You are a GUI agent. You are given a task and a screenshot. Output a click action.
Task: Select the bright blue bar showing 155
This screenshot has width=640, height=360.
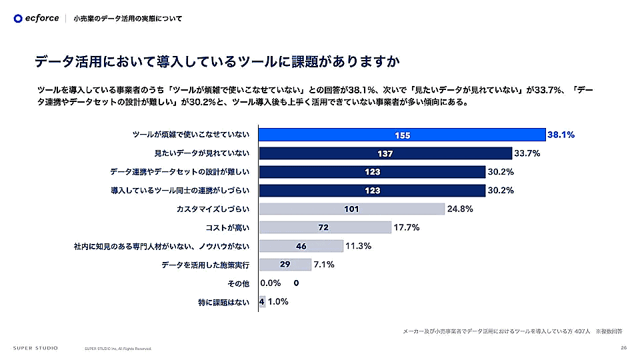[401, 135]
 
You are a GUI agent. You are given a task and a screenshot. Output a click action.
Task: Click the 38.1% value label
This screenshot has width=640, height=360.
[561, 135]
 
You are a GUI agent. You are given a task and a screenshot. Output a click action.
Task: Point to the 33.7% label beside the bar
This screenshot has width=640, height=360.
[527, 153]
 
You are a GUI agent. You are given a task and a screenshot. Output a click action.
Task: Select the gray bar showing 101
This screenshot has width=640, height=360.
[351, 209]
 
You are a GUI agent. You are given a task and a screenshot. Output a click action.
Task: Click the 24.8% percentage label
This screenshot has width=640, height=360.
[460, 209]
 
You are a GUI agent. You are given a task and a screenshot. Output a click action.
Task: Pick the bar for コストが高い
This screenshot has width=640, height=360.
[325, 227]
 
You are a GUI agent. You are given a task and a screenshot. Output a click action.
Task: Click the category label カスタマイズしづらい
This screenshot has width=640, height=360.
[213, 209]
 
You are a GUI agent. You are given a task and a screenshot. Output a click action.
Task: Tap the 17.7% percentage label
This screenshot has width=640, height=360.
[406, 227]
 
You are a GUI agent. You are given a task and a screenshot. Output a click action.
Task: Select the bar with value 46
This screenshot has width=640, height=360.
[301, 246]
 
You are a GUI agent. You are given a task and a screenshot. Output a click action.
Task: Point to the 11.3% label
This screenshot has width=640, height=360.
[359, 246]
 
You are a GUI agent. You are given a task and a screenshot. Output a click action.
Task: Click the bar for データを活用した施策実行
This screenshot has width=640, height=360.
[285, 265]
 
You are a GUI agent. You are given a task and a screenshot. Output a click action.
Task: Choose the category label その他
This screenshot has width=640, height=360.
[238, 283]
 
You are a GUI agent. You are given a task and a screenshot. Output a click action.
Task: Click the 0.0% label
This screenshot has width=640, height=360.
[271, 283]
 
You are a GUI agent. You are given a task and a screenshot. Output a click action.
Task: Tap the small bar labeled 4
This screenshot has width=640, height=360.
[262, 301]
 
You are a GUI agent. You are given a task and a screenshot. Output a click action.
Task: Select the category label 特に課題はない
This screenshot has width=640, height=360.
[223, 302]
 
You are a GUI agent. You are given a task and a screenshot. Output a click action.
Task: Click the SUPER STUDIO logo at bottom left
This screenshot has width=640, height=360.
[35, 347]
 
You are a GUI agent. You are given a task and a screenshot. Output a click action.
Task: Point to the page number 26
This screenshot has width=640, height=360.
[623, 347]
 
